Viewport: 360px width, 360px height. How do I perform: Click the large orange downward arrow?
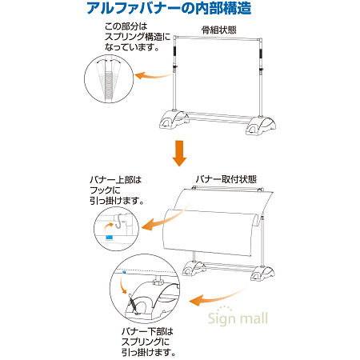click(180, 153)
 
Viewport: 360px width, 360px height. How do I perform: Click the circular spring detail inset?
click(107, 79)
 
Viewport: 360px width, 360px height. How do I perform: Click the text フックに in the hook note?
click(108, 191)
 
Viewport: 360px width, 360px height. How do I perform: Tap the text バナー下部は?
click(148, 330)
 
